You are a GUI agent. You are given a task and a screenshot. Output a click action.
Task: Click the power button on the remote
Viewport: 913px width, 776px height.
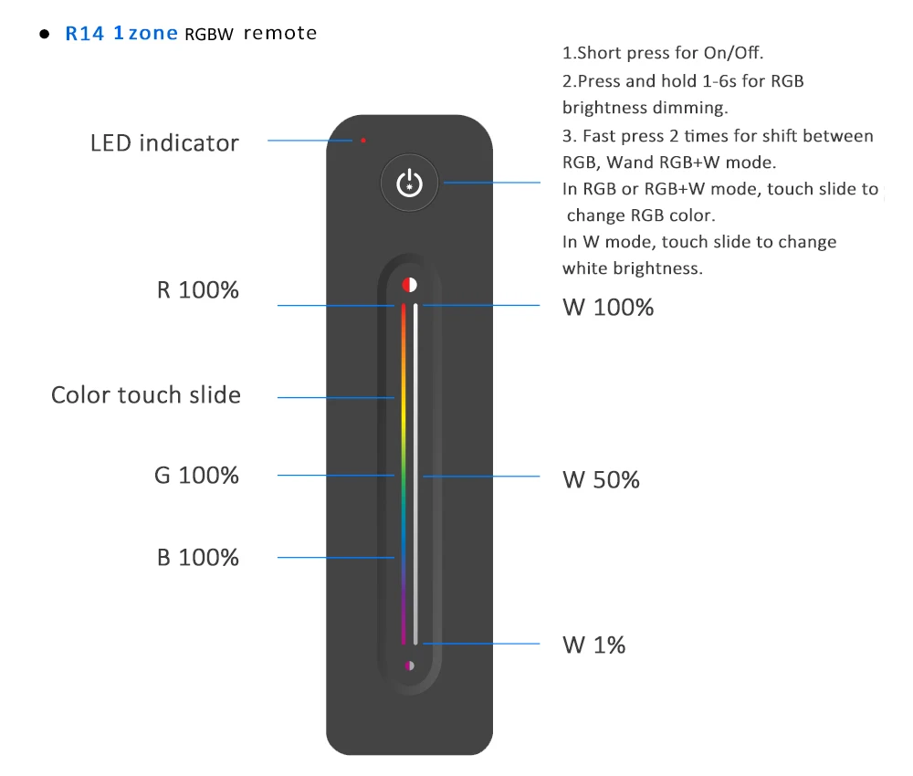click(x=409, y=183)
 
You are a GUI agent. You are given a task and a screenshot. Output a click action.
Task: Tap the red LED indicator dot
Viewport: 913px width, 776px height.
click(x=363, y=141)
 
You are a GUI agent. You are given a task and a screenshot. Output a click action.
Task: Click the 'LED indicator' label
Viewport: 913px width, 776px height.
click(x=164, y=143)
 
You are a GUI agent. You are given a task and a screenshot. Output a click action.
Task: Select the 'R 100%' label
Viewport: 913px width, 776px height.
click(x=197, y=290)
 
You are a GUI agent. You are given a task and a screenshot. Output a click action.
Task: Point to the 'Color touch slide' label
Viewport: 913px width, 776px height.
click(x=146, y=395)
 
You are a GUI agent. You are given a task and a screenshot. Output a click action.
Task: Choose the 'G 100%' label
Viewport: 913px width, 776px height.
click(x=196, y=475)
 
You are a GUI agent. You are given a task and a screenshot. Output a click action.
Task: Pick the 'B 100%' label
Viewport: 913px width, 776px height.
click(x=198, y=557)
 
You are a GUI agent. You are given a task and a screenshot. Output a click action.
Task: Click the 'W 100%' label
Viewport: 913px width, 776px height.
click(x=608, y=308)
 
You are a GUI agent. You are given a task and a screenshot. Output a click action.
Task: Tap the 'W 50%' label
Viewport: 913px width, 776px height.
click(x=601, y=479)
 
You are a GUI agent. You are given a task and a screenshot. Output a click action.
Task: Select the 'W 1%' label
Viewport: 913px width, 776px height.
click(x=594, y=645)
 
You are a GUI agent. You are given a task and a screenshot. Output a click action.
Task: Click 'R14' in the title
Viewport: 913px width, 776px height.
click(x=85, y=35)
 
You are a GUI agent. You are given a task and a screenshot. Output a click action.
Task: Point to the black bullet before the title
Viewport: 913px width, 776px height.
click(x=43, y=35)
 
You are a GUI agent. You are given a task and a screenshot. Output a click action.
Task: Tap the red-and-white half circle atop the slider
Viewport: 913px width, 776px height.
click(x=409, y=284)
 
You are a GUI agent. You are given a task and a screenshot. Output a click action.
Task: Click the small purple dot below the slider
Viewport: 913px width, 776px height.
click(x=409, y=666)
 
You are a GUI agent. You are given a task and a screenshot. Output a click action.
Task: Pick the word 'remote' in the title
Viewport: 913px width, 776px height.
click(x=280, y=34)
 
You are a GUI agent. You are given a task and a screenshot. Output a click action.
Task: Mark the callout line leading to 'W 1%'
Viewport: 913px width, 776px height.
click(x=484, y=644)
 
